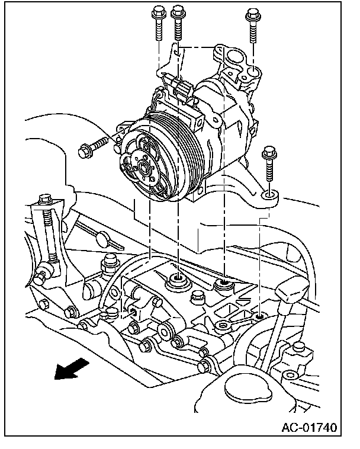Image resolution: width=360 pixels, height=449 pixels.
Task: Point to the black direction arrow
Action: point(70,368)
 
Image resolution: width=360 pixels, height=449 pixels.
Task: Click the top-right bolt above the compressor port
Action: point(253,24)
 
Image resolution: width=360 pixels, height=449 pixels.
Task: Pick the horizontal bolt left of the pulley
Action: point(95,146)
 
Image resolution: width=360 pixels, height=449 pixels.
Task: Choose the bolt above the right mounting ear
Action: point(269,163)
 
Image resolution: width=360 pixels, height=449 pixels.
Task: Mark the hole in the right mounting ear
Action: point(269,193)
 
